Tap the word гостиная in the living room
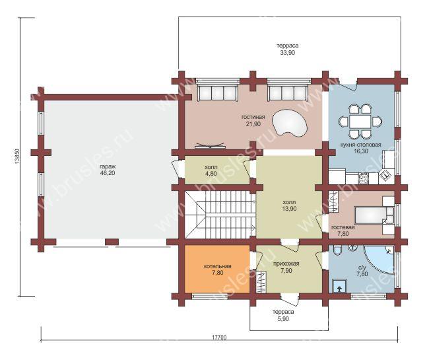click(253, 117)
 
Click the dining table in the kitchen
click(360, 121)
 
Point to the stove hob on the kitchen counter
click(363, 179)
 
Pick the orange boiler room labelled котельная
click(217, 269)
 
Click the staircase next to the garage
click(220, 215)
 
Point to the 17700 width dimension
click(219, 337)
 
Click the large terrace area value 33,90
click(287, 53)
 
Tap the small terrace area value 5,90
click(283, 318)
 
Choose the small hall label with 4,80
click(211, 170)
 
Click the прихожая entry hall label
click(286, 264)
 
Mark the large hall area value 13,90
click(289, 209)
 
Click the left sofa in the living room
click(218, 93)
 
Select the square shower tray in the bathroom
click(339, 287)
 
